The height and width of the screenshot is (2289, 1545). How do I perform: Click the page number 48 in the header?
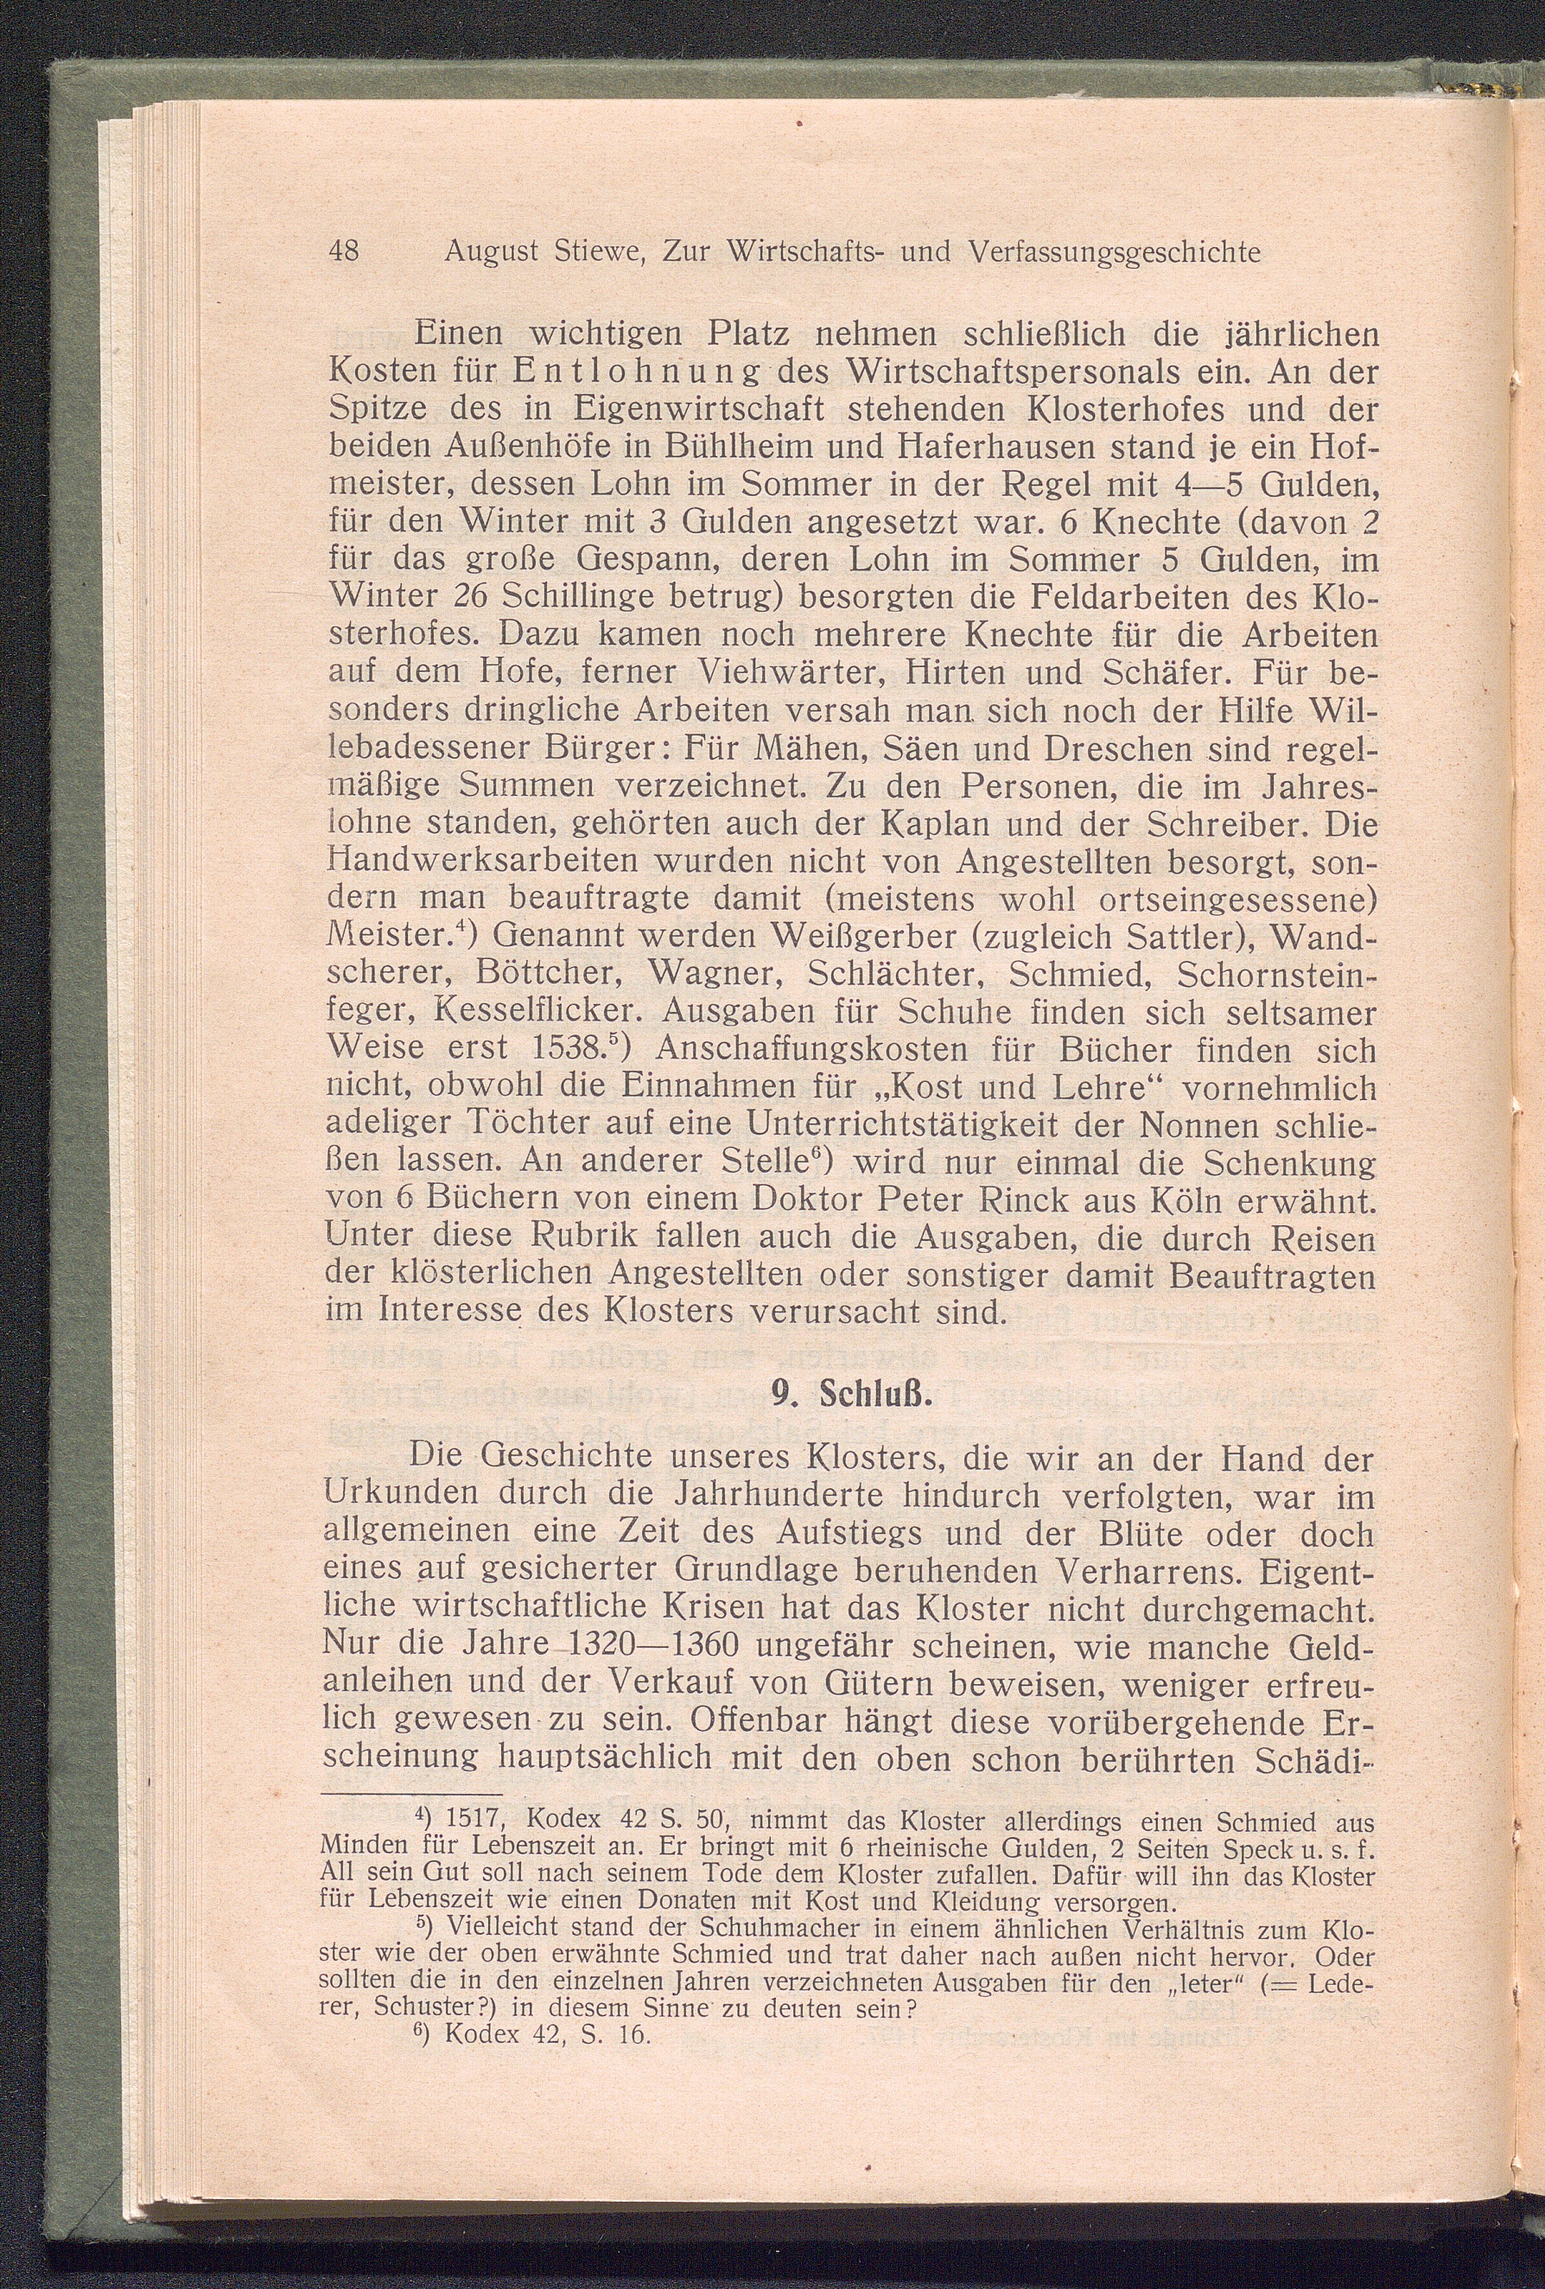click(344, 253)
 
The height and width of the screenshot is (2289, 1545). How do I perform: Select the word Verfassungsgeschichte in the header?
click(1115, 253)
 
